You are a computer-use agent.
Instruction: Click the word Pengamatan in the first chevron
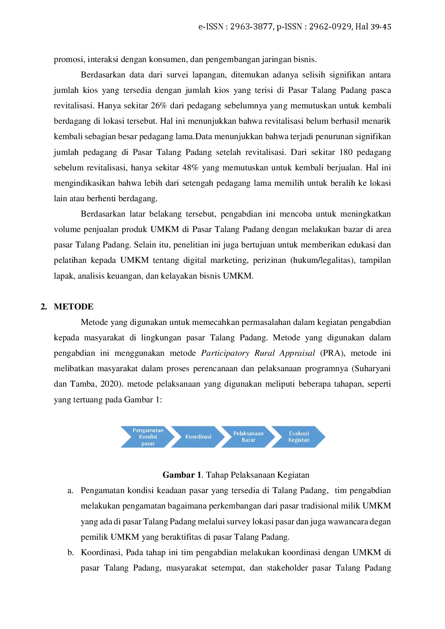point(148,430)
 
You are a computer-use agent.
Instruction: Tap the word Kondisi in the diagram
point(148,437)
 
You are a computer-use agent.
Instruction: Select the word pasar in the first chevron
point(148,444)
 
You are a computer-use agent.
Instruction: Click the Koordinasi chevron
point(198,437)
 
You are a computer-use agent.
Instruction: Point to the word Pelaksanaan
point(248,434)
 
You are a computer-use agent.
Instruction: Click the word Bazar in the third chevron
point(248,440)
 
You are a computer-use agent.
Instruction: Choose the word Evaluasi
point(299,434)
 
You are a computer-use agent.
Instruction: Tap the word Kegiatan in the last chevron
point(299,440)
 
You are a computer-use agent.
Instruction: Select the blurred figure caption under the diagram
point(235,475)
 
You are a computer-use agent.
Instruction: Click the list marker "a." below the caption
point(70,490)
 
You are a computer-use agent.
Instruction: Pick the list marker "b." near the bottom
point(70,553)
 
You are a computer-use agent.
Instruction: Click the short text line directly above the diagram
point(107,400)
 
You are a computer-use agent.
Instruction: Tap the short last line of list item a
point(185,538)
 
